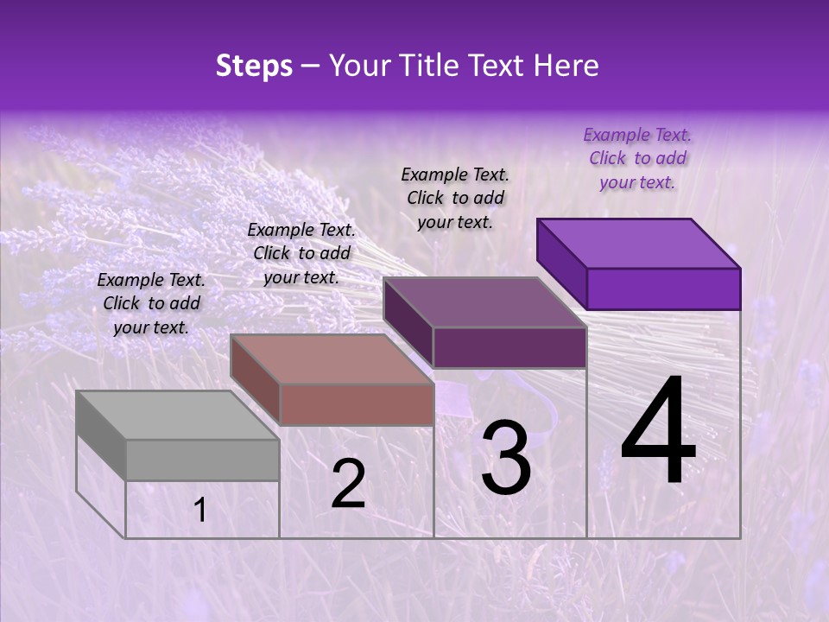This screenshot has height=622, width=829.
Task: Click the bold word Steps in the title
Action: coord(254,66)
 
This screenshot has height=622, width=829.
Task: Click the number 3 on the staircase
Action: coord(506,458)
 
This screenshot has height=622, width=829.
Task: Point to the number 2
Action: coord(348,484)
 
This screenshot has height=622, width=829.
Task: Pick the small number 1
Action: coord(200,511)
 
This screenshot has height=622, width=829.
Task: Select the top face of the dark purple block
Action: coord(484,302)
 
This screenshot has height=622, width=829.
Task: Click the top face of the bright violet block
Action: coord(637,244)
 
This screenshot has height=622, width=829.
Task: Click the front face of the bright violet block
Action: coord(663,289)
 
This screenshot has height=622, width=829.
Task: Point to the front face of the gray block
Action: coord(203,460)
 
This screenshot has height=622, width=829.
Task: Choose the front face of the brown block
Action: coord(357,404)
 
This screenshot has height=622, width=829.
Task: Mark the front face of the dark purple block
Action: coord(509,347)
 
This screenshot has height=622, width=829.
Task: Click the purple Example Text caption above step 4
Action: coord(637,158)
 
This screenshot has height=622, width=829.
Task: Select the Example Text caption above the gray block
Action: coord(151,303)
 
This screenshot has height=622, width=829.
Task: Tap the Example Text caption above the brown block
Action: coord(301,253)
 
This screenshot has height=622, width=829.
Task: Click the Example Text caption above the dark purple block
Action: coord(455,198)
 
